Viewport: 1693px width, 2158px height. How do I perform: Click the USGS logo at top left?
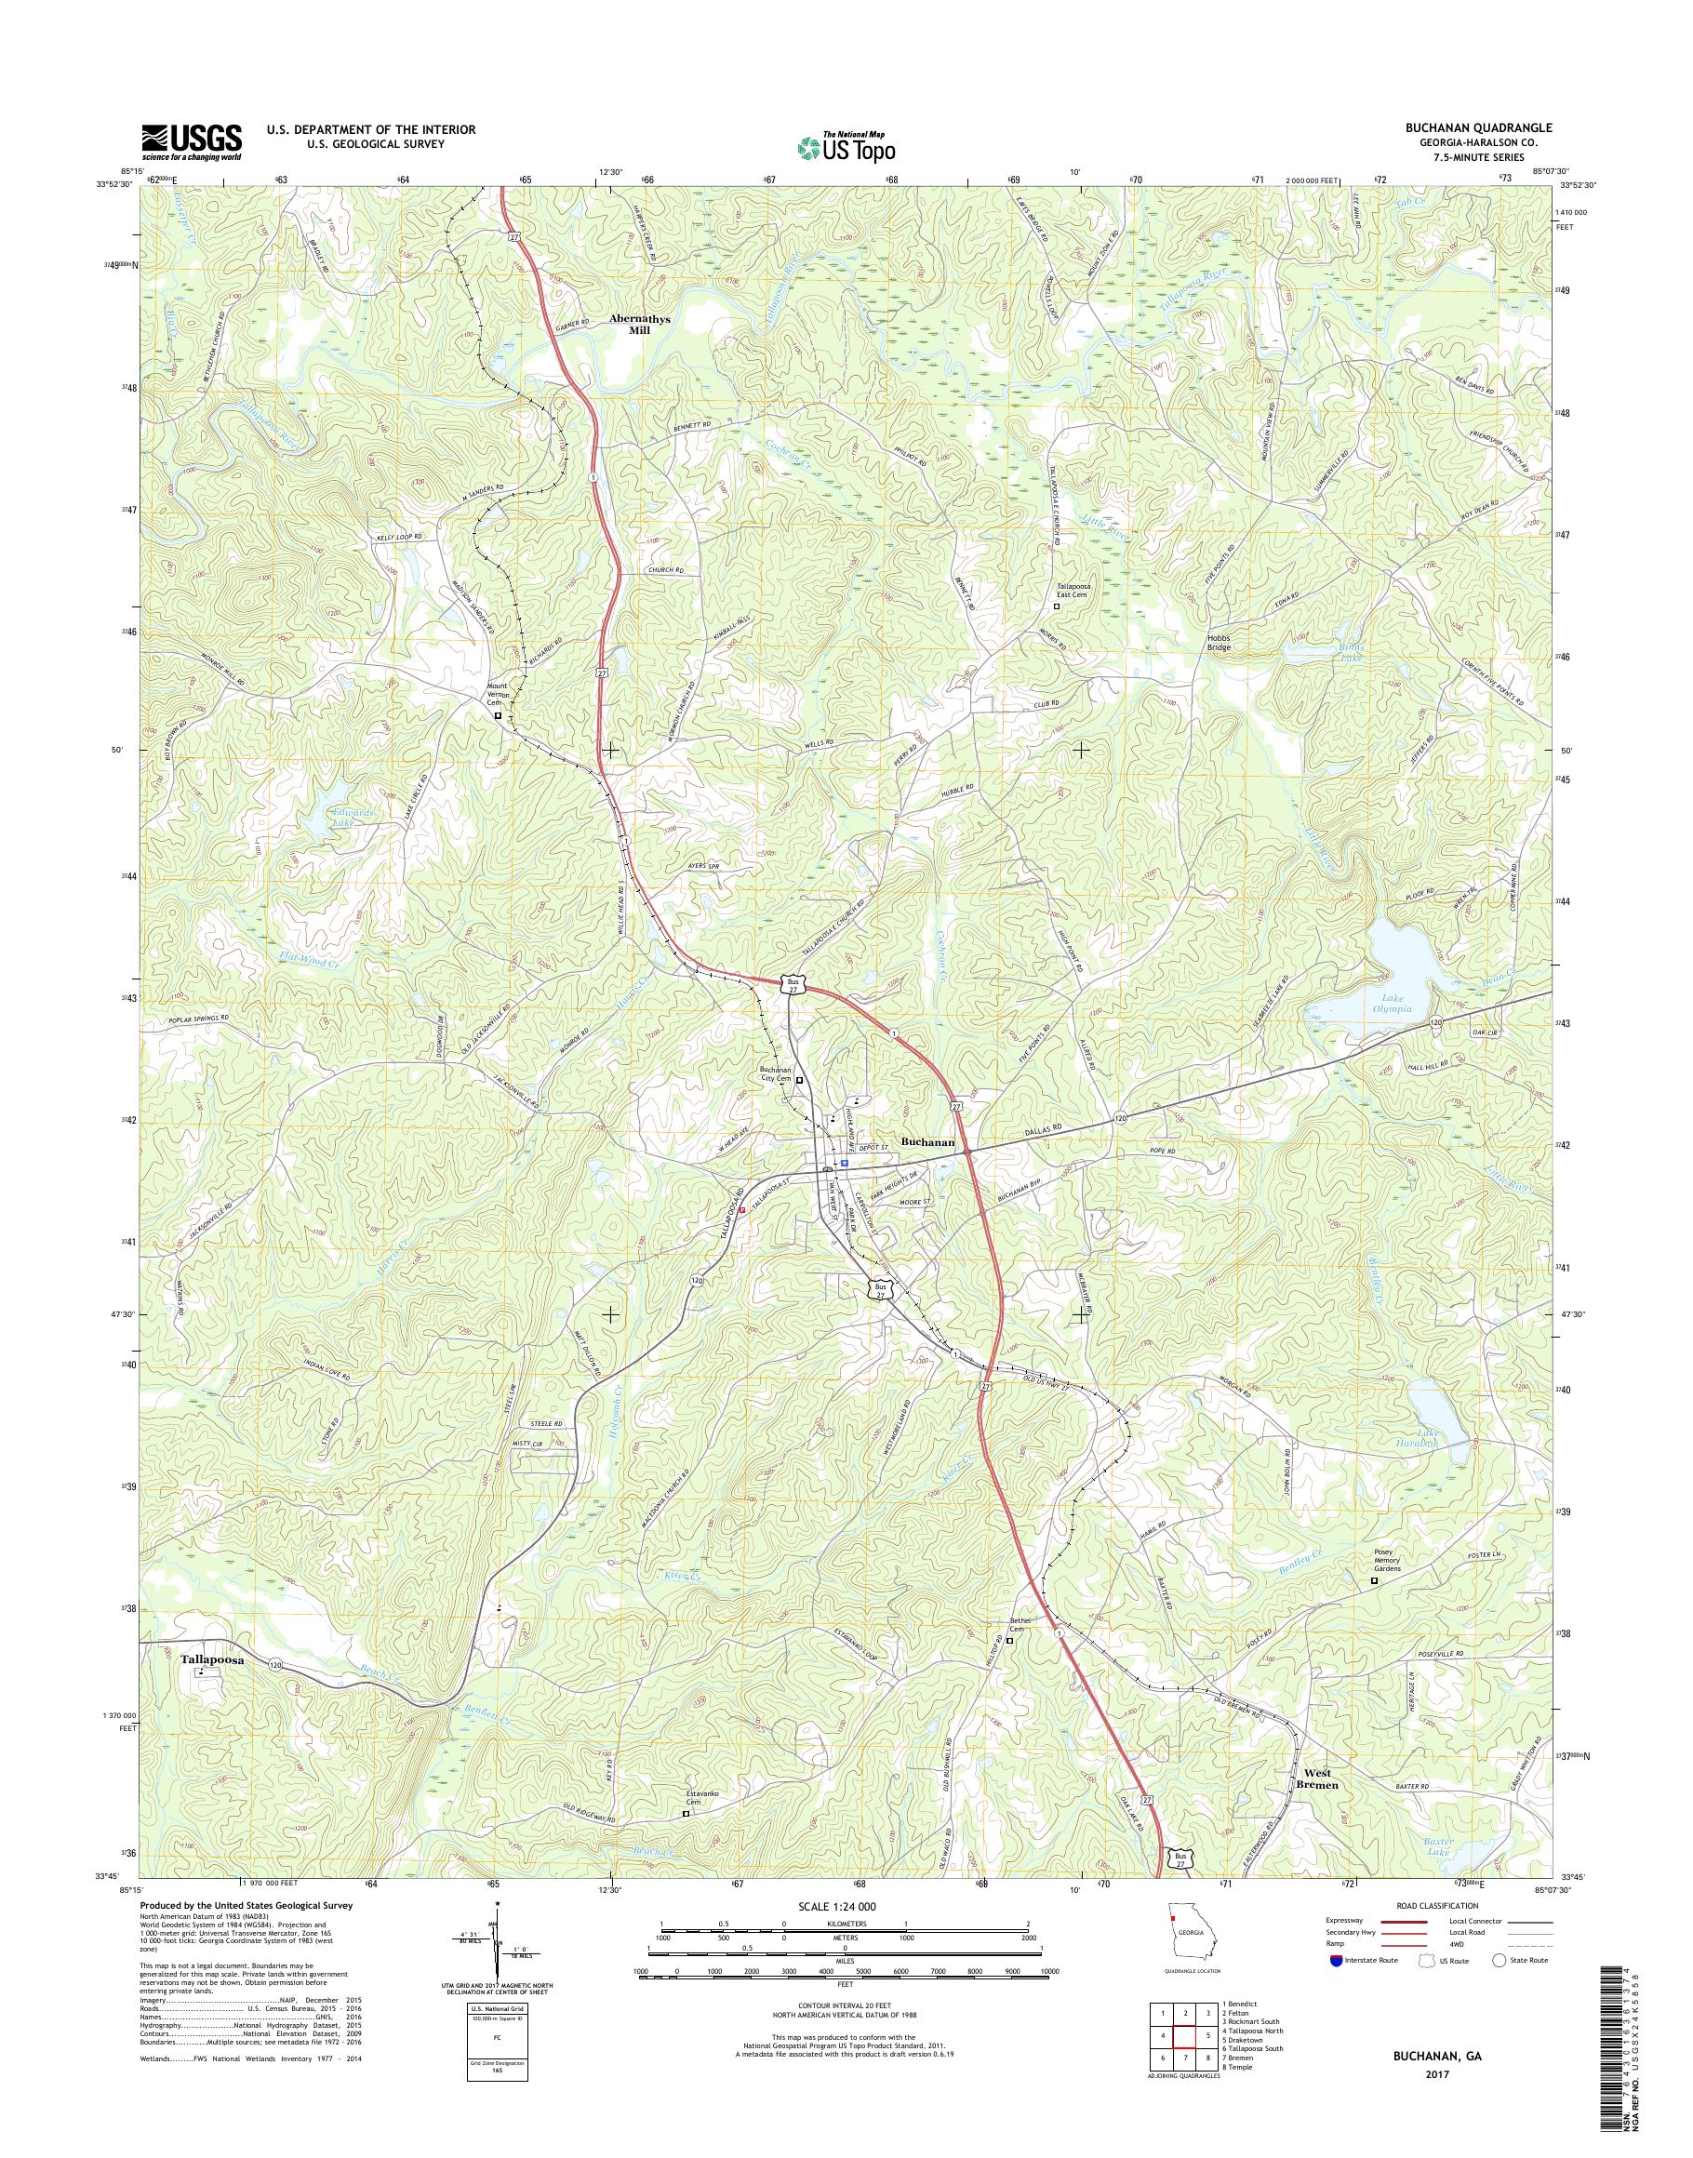[x=192, y=141]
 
